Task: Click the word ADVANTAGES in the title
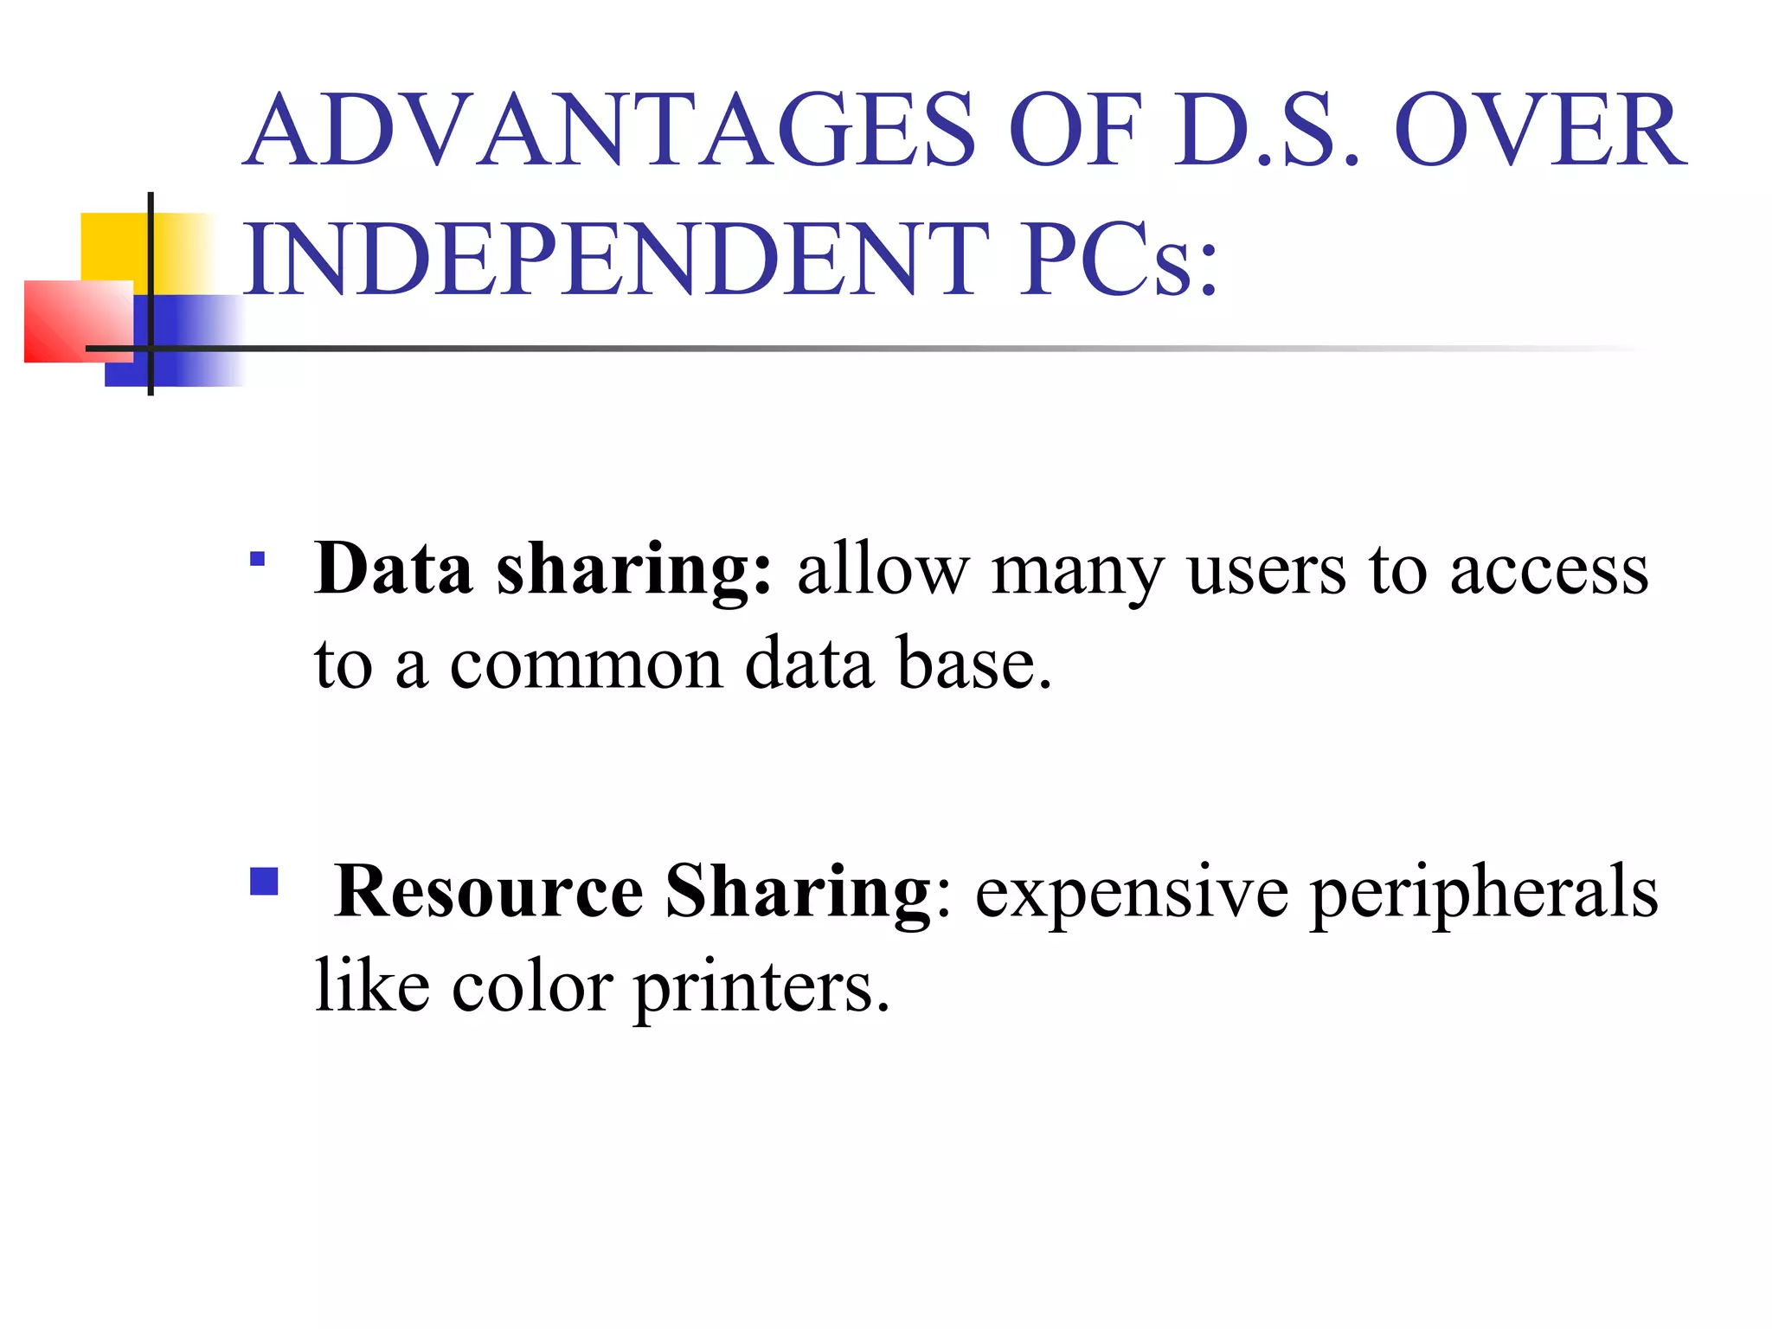tap(609, 132)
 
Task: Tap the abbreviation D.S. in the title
tap(1266, 132)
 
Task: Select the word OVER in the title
tap(1540, 132)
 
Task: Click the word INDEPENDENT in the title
tap(616, 260)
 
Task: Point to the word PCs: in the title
tap(1119, 260)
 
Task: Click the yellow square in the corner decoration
tap(112, 246)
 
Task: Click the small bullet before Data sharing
tap(257, 559)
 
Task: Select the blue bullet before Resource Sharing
tap(264, 882)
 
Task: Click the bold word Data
tap(393, 570)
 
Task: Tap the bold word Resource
tap(489, 892)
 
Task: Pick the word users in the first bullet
tap(1267, 572)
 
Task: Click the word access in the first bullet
tap(1549, 572)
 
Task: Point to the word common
tap(586, 665)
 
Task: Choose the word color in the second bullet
tap(532, 987)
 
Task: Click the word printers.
tap(762, 989)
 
